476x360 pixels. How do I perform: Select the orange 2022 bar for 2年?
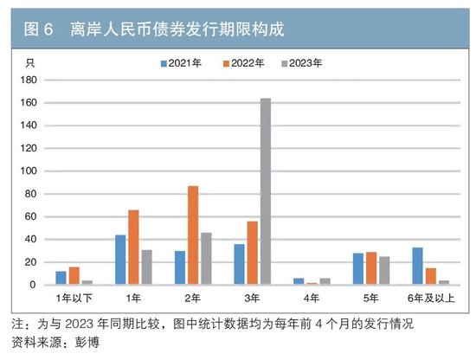click(x=193, y=235)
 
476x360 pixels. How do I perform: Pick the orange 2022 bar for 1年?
click(x=133, y=247)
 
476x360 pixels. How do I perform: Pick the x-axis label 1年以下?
click(x=74, y=299)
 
